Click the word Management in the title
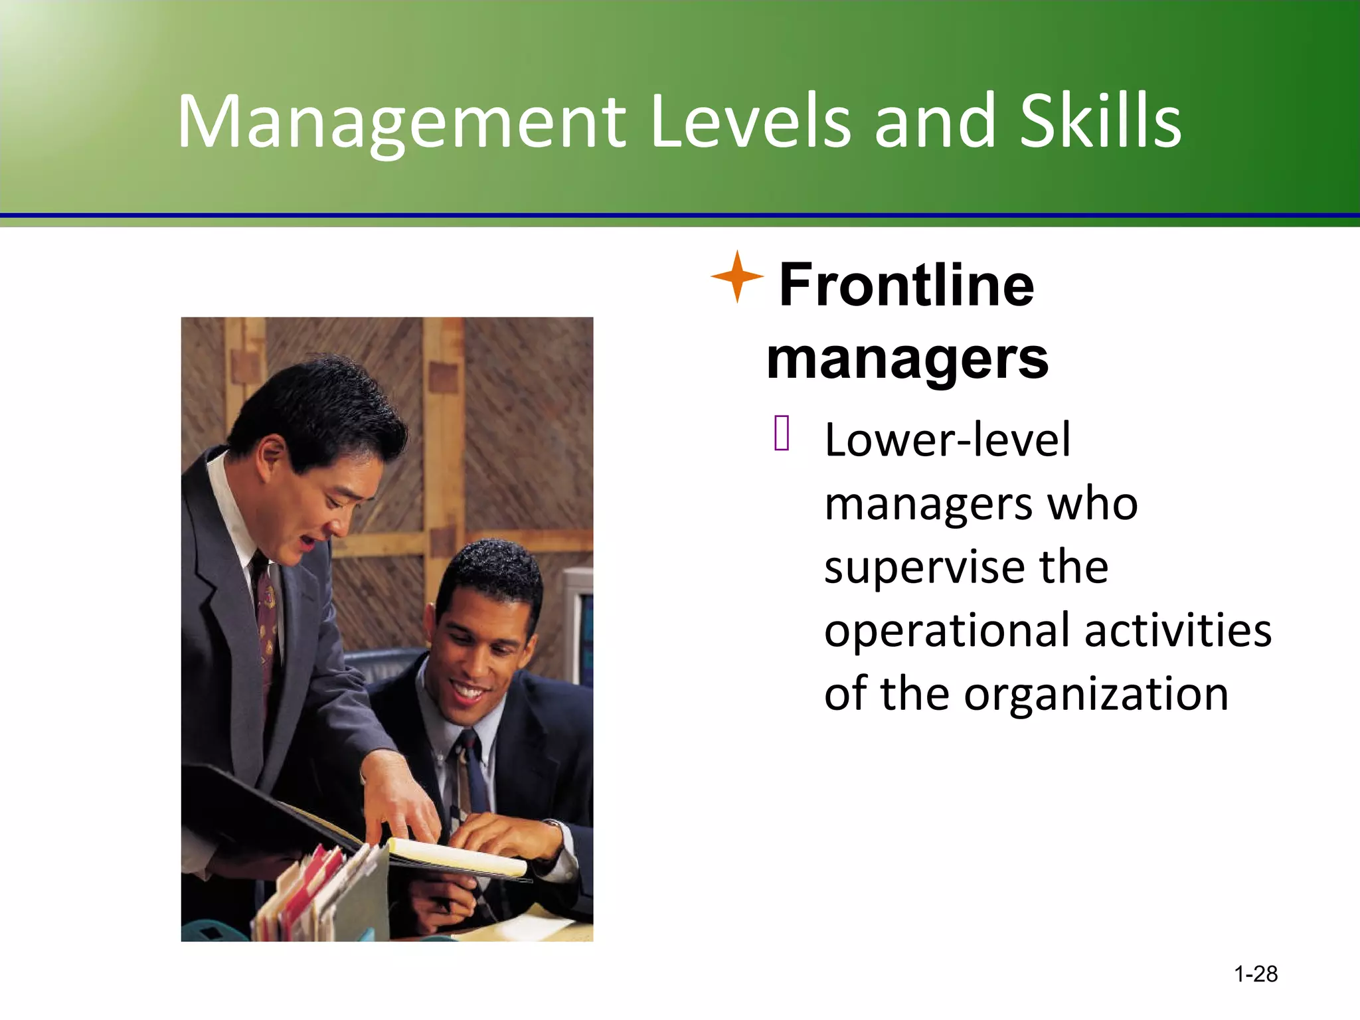click(x=401, y=123)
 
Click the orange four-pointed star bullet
click(x=736, y=277)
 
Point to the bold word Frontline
click(x=906, y=285)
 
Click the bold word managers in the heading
click(x=907, y=359)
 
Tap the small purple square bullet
click(x=782, y=433)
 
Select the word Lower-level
click(x=947, y=440)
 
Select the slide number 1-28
click(x=1255, y=974)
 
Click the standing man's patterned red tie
click(x=268, y=624)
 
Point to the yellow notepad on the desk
click(x=458, y=857)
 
